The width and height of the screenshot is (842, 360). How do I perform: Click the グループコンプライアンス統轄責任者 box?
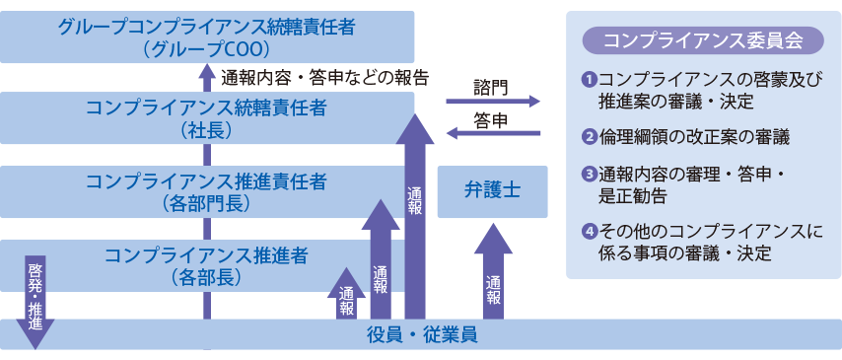[x=206, y=36]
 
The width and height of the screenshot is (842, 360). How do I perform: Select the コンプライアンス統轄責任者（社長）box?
[x=206, y=117]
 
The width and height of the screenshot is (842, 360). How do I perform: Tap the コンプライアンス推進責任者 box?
[x=206, y=191]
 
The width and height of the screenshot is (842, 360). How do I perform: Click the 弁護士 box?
[x=492, y=191]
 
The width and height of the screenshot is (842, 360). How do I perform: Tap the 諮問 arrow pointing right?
[x=493, y=101]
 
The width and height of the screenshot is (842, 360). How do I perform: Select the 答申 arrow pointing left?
[x=493, y=133]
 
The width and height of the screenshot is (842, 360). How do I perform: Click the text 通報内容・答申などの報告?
[x=324, y=76]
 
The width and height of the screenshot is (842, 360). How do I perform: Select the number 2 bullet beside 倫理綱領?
[x=589, y=137]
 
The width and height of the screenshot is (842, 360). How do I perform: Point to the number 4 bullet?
[x=589, y=233]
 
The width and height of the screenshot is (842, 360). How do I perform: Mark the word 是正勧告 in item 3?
[x=632, y=195]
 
